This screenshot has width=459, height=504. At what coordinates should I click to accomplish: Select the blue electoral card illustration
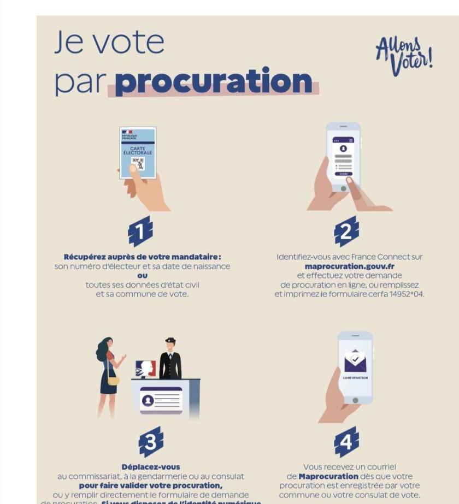138,153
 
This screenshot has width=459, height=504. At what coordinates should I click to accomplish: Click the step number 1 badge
140,232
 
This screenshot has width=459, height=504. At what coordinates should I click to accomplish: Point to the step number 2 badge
346,232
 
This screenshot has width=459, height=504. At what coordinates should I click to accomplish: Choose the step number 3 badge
151,442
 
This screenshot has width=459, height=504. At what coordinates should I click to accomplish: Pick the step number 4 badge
346,442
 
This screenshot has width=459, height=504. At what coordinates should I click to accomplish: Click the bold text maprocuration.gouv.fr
350,266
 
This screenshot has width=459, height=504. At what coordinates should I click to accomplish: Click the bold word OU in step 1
142,275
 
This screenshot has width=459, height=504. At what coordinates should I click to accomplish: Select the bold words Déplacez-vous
151,467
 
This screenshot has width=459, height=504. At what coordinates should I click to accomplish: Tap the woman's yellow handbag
113,380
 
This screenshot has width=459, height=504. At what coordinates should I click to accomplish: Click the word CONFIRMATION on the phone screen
355,377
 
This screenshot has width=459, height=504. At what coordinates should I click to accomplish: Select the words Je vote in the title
109,43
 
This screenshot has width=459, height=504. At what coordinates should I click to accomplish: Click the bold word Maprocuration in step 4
328,476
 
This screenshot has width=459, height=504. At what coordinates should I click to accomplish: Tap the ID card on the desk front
161,400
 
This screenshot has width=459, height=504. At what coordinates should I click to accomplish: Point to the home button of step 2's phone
344,188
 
